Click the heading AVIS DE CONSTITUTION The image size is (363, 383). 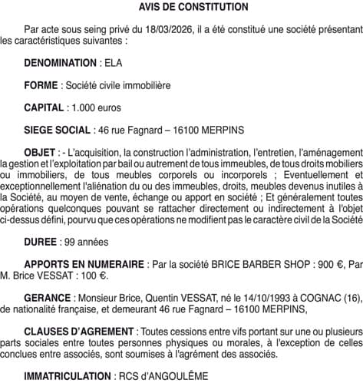coord(183,7)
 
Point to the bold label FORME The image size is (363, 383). coord(41,84)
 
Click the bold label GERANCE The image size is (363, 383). coord(46,296)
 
